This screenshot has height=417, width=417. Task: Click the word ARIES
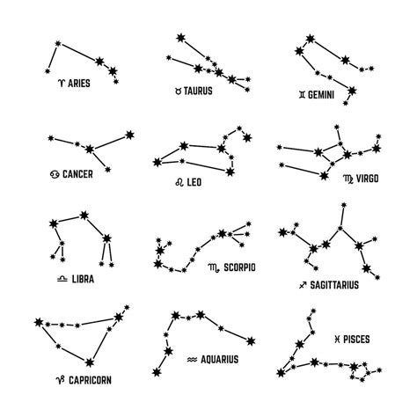tap(79, 84)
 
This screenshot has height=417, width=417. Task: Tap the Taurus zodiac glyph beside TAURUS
tap(178, 91)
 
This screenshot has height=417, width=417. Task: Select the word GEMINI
tap(321, 95)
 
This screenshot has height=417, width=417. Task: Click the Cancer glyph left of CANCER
tap(55, 174)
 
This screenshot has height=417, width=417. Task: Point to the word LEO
tap(194, 182)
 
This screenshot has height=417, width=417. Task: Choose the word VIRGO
tap(367, 179)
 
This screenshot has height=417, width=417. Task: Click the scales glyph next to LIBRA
tap(62, 279)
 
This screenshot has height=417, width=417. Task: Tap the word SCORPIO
tap(239, 267)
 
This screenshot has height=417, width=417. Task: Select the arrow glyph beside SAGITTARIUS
tap(303, 285)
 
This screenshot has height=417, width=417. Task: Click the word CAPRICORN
tap(90, 380)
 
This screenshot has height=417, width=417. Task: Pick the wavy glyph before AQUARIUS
tap(192, 360)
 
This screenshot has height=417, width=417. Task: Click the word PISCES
tap(356, 340)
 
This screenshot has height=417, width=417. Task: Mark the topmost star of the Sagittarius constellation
tap(344, 205)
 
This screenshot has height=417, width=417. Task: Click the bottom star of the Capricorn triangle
tap(90, 362)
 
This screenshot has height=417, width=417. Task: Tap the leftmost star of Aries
tap(48, 71)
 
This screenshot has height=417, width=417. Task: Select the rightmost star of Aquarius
tap(251, 341)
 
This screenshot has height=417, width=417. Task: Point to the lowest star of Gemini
tap(346, 103)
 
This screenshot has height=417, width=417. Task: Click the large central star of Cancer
tap(90, 149)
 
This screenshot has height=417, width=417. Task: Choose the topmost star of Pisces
tap(313, 311)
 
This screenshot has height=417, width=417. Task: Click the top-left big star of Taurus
tap(180, 38)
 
